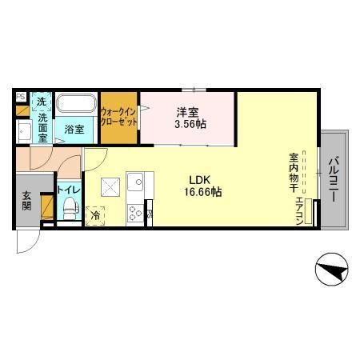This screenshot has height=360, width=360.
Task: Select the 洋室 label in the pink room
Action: pyautogui.click(x=188, y=112)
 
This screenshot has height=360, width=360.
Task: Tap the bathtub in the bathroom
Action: pyautogui.click(x=74, y=105)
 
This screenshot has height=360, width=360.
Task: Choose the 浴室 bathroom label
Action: pyautogui.click(x=74, y=129)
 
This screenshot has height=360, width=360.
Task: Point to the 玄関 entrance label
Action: pyautogui.click(x=27, y=201)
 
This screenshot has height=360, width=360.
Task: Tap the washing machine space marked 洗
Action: pyautogui.click(x=42, y=102)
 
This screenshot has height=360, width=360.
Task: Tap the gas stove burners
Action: pyautogui.click(x=134, y=213)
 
